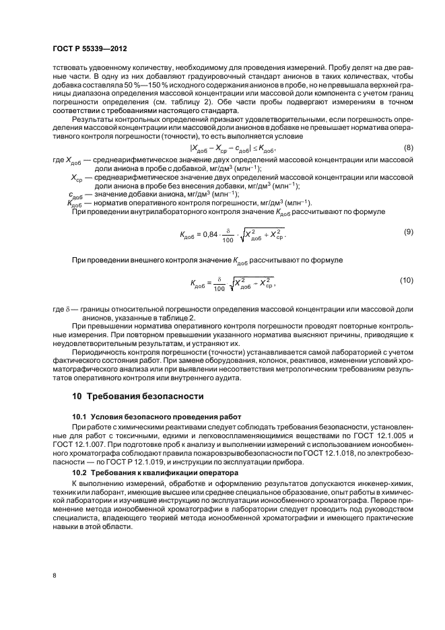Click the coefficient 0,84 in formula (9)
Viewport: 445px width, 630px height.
[x=211, y=235]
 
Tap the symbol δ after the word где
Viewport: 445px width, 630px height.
[x=67, y=308]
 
